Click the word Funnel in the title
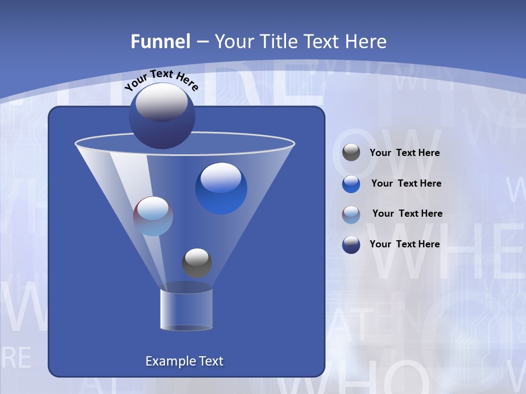tap(160, 42)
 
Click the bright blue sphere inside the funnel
tap(221, 188)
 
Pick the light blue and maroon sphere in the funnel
tap(153, 216)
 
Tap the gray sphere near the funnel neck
tap(197, 263)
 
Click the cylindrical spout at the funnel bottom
tap(186, 309)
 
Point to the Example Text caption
tap(184, 361)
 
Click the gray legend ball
tap(351, 153)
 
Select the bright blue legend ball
tap(351, 184)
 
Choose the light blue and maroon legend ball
tap(351, 214)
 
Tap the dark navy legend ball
tap(351, 245)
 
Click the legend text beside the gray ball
tap(404, 153)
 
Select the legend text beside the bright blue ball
tap(406, 184)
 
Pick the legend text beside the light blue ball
tap(407, 214)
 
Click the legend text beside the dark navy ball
tap(404, 245)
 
